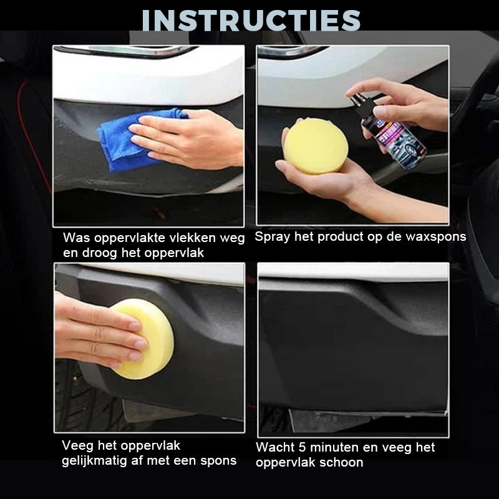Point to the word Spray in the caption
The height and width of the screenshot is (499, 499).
coord(272,237)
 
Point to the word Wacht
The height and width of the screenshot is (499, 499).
coord(274,448)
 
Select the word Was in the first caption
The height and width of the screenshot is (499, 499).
coord(75,238)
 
